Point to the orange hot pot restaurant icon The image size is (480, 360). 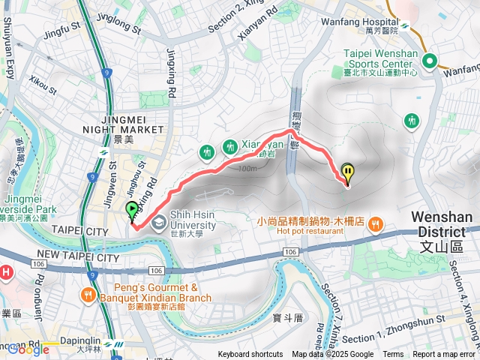point(377,223)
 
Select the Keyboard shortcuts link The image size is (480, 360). point(250,355)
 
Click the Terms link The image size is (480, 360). point(393,355)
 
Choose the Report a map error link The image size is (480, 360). point(444,355)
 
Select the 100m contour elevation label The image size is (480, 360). point(244,168)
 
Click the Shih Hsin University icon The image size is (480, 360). point(159,223)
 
